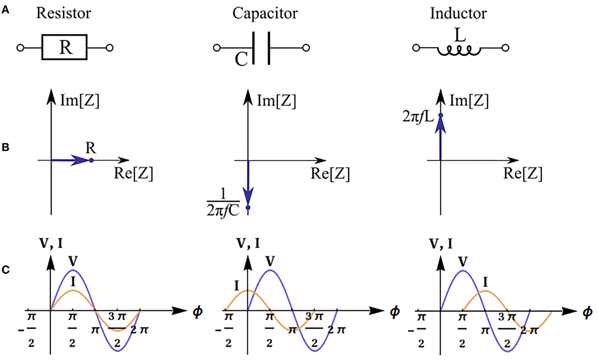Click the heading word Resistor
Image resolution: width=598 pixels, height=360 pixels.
(x=63, y=13)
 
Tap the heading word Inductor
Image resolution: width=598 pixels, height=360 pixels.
(x=458, y=13)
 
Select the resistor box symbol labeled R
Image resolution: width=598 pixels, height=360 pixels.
(x=64, y=47)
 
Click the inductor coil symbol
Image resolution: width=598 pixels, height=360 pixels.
(x=459, y=51)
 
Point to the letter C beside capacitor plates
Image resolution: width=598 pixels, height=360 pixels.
(x=241, y=59)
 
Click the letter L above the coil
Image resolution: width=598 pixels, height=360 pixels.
(x=460, y=35)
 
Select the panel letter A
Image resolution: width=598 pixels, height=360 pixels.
(x=5, y=10)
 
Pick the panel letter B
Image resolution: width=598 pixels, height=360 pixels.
(x=5, y=147)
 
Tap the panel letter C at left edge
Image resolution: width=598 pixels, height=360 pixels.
(x=5, y=270)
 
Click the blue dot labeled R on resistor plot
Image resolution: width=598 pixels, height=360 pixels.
(x=91, y=160)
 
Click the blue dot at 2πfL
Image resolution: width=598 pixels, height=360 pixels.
(x=440, y=115)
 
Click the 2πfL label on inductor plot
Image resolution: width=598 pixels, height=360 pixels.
(x=418, y=117)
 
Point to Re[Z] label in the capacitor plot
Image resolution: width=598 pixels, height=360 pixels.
(x=330, y=174)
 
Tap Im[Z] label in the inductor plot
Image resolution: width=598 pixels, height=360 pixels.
(x=469, y=101)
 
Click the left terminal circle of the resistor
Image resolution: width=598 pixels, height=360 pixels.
(x=20, y=48)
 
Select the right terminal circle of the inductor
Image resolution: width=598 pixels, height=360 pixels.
(x=505, y=48)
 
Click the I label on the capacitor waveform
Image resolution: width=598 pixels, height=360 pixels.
(x=237, y=286)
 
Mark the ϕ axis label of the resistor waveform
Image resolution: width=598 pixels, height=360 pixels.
(x=198, y=311)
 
